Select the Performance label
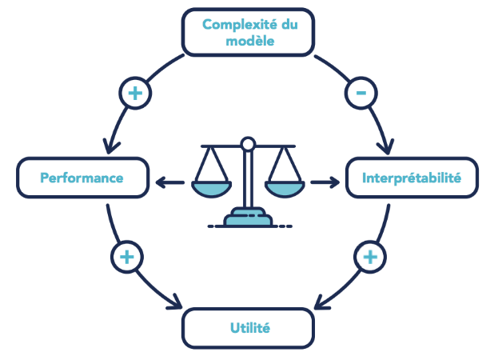click(82, 178)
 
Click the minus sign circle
click(361, 93)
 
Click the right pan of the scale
click(285, 188)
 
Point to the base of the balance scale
click(248, 218)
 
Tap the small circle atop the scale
click(248, 144)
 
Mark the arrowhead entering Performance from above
click(110, 148)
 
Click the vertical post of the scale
click(248, 180)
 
